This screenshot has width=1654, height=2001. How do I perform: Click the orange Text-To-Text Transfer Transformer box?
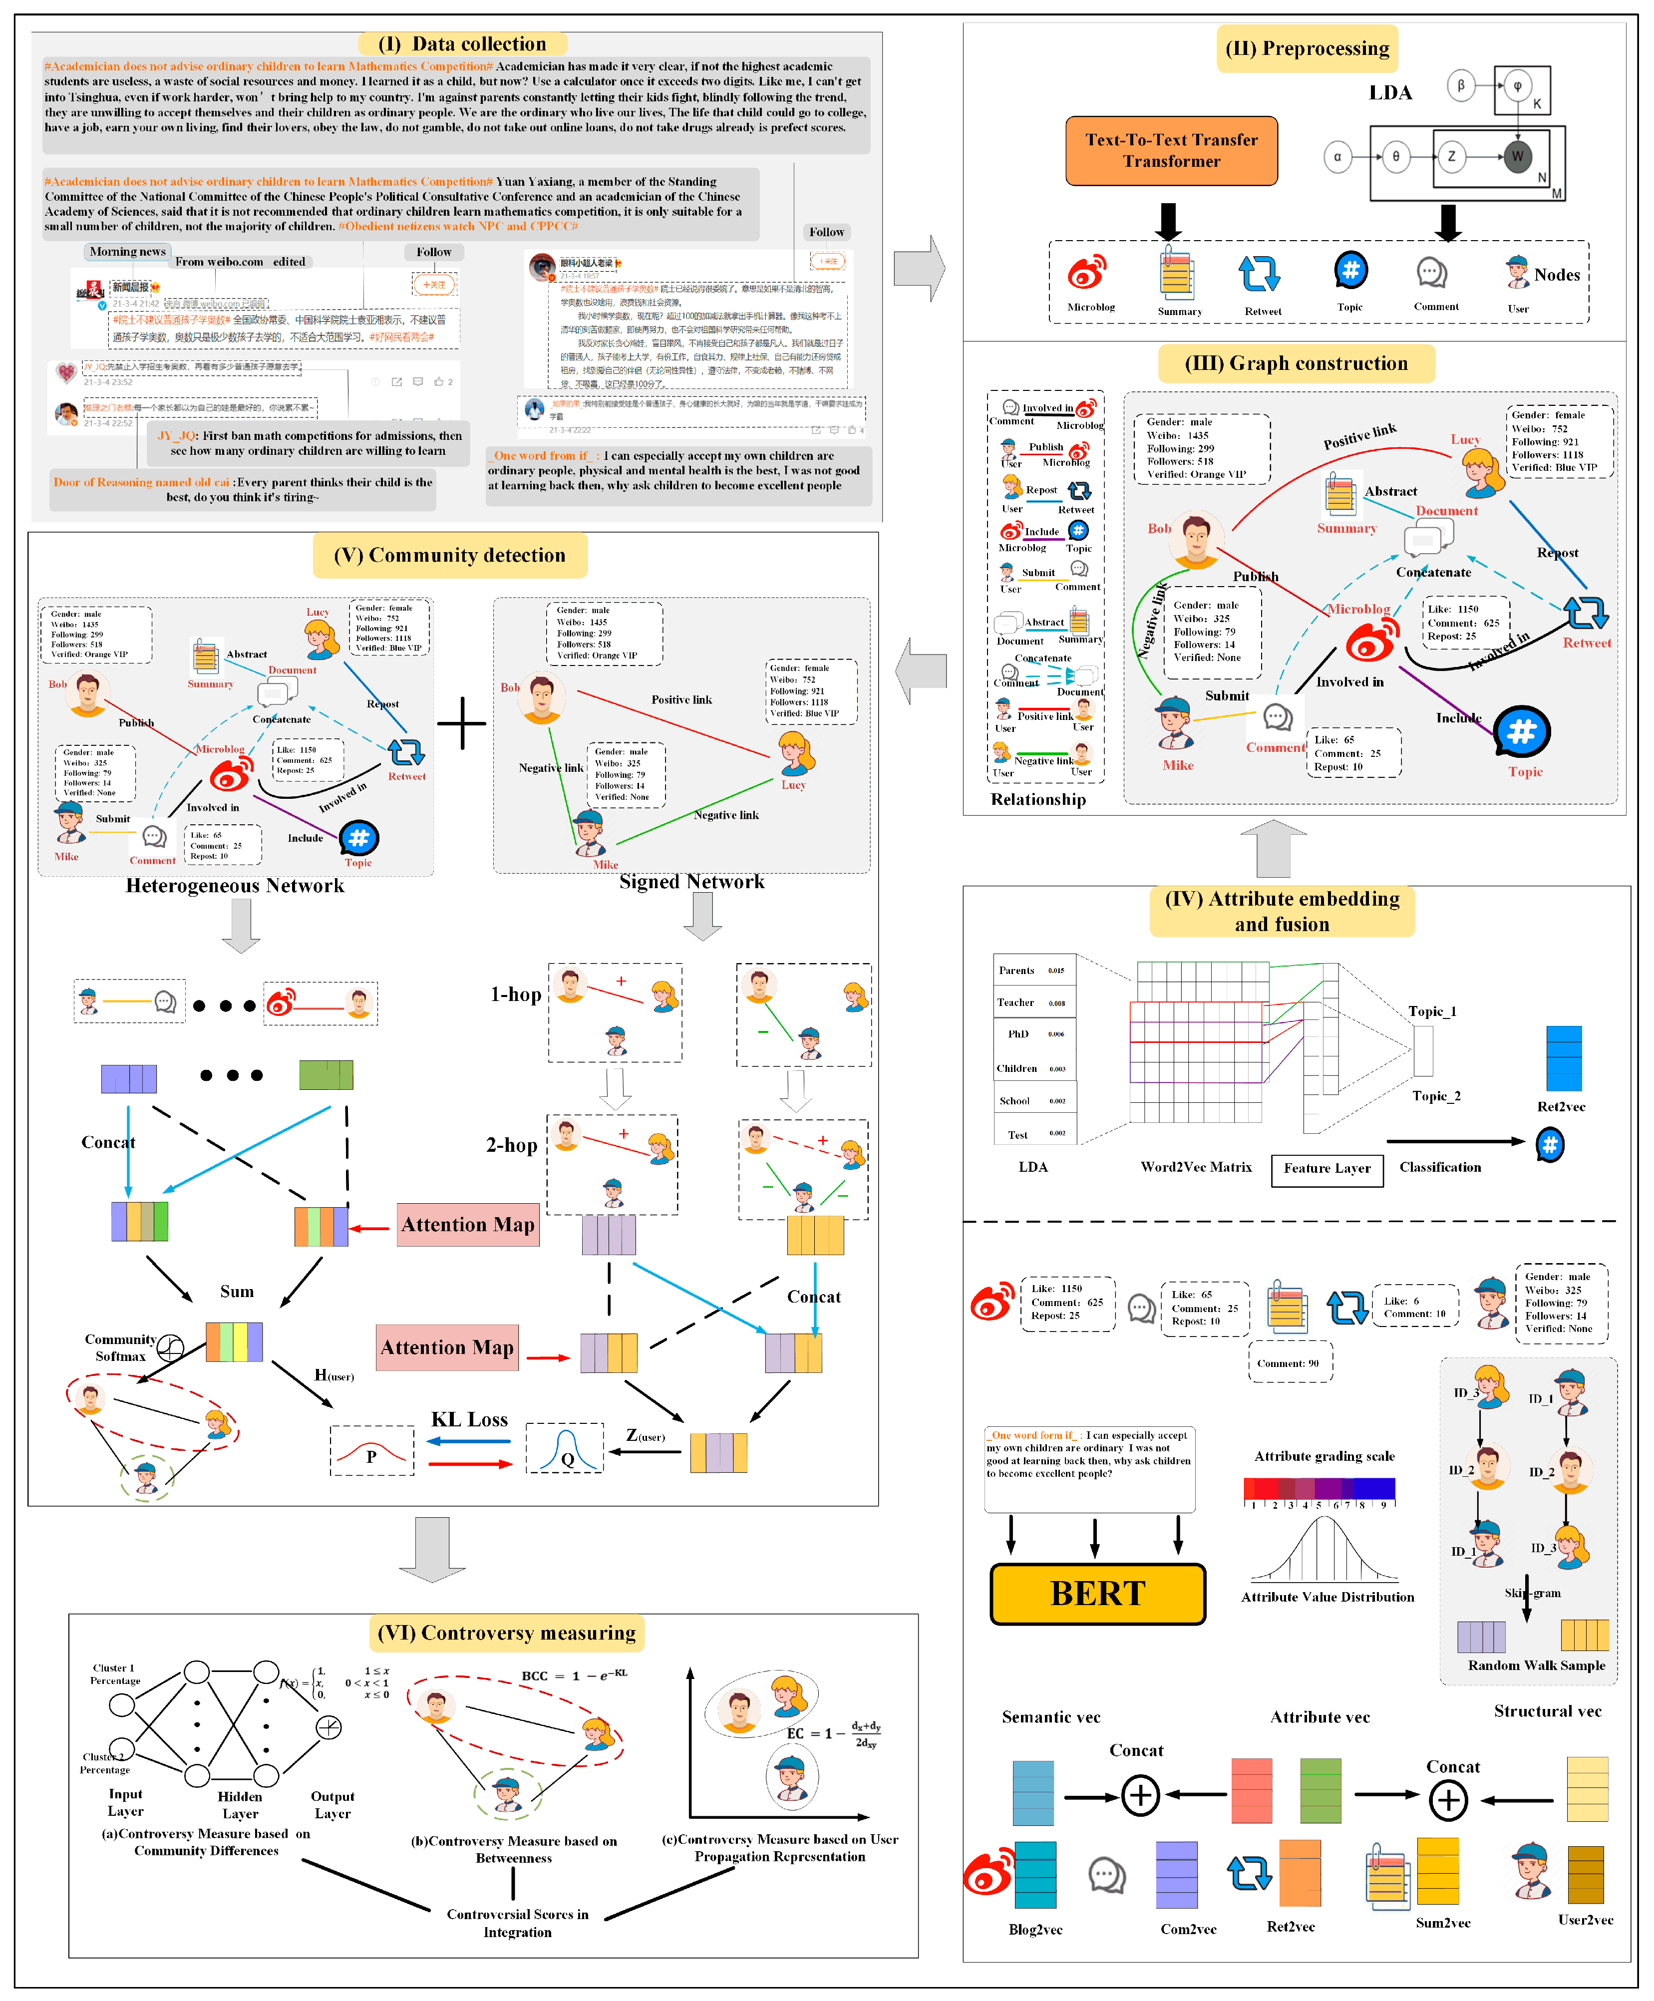coord(1171,151)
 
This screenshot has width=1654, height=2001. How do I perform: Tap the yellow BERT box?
coord(1097,1593)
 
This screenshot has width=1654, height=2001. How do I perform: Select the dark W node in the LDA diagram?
coord(1517,156)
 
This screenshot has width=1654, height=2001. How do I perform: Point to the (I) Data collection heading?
coord(462,44)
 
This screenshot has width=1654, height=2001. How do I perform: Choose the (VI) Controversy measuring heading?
coord(507,1633)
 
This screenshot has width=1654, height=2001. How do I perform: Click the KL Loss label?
coord(470,1420)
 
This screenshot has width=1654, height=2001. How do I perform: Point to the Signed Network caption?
coord(692,881)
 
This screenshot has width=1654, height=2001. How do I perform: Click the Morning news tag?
coord(127,252)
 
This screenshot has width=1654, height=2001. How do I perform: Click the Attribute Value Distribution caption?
coord(1327,1597)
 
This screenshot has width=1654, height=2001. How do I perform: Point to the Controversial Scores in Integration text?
coord(517,1923)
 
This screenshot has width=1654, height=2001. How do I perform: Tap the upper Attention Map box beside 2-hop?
coord(468,1225)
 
